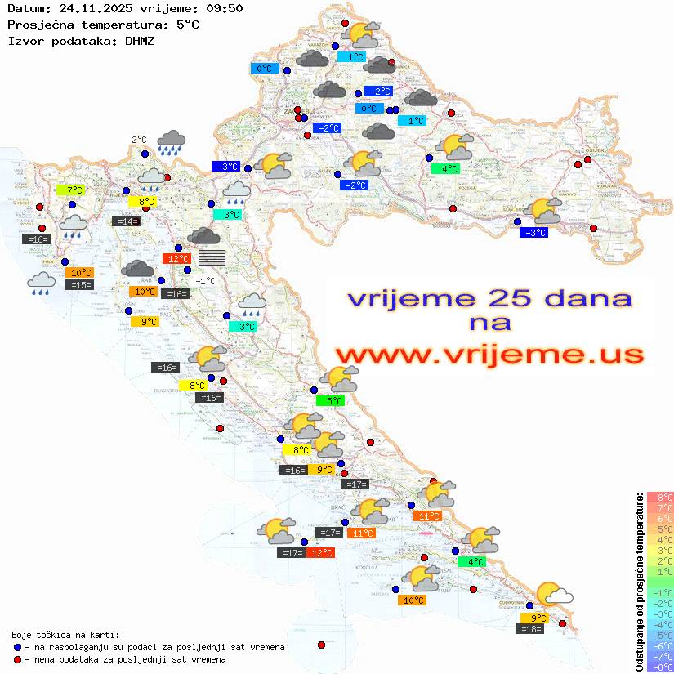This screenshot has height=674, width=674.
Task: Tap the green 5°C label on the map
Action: (331, 400)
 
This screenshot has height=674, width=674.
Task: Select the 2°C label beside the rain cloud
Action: (139, 140)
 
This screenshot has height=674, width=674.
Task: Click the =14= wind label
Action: (125, 221)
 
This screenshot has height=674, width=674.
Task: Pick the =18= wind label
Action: (531, 628)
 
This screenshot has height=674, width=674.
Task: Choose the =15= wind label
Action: (81, 285)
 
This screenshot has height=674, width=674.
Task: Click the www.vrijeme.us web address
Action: (489, 355)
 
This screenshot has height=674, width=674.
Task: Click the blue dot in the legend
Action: (17, 647)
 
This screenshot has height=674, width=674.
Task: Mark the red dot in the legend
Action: (17, 659)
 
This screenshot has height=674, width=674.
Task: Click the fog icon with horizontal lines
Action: (212, 257)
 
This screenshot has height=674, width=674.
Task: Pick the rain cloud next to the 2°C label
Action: (172, 141)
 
